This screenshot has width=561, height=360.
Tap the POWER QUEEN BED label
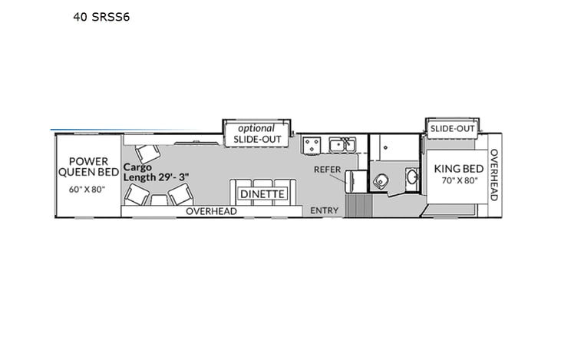tap(88, 167)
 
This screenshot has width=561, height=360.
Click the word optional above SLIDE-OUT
tap(256, 128)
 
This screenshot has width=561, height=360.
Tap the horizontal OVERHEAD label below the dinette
tap(211, 211)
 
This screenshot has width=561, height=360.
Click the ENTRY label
tap(324, 211)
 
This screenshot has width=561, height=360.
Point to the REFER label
tap(327, 170)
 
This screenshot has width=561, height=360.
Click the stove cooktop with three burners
tap(312, 144)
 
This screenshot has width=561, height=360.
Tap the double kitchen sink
tap(342, 144)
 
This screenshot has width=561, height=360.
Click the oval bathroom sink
tap(411, 179)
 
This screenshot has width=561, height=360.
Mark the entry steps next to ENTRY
tap(358, 205)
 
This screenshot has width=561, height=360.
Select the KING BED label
tap(458, 169)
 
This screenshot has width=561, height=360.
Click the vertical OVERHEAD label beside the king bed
tap(493, 175)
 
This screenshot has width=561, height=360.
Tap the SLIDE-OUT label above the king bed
tap(453, 128)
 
